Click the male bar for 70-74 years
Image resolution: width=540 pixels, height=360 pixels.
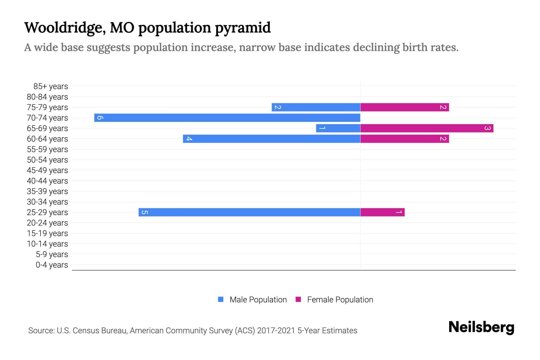(x=227, y=118)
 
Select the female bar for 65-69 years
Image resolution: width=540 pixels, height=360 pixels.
(x=427, y=128)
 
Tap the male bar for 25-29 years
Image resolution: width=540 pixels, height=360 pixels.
(x=249, y=212)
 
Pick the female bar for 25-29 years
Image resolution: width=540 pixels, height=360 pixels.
(x=382, y=212)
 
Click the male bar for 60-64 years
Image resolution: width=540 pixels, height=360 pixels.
(x=271, y=139)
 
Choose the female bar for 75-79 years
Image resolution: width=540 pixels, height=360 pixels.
(x=404, y=107)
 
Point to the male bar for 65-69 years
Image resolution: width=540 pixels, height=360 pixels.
(x=338, y=128)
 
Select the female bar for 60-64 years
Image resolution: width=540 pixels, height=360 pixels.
(x=404, y=139)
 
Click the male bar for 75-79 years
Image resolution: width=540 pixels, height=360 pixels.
(x=316, y=107)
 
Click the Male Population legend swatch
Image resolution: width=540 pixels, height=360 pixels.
(x=221, y=299)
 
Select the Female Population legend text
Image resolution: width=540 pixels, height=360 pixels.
(x=340, y=299)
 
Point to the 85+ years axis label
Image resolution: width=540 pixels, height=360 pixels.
(x=50, y=86)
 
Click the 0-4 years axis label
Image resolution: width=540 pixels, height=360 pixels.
(x=52, y=265)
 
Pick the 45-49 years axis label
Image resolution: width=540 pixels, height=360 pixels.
(x=47, y=170)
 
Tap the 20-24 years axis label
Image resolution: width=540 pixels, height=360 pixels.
(x=47, y=223)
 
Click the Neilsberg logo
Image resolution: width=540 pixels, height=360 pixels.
(x=481, y=327)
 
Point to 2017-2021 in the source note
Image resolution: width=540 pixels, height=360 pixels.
(x=276, y=331)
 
